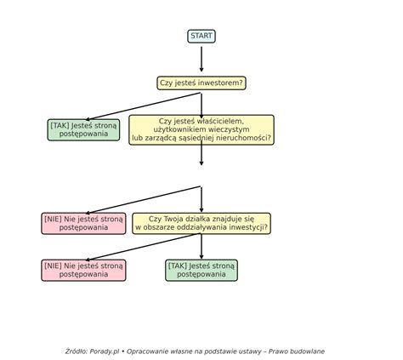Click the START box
201,37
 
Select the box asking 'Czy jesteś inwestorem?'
201,83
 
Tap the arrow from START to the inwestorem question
201,59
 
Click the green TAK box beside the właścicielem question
83,129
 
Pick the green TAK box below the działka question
201,270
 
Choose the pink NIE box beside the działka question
83,223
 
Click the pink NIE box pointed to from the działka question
83,270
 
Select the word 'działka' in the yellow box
198,219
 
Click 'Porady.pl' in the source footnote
105,351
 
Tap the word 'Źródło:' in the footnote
77,351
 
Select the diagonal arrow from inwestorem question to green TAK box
143,106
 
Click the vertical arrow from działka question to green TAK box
201,246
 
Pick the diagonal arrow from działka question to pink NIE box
143,247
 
